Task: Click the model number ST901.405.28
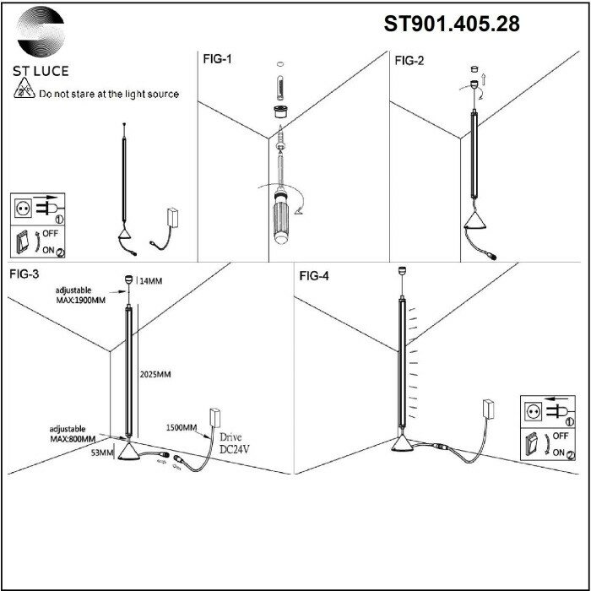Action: (452, 24)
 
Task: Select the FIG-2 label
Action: (409, 60)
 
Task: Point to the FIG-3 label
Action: (26, 274)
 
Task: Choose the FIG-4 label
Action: (313, 275)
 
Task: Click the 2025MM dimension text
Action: (155, 373)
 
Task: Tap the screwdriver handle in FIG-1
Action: (280, 219)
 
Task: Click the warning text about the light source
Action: (109, 95)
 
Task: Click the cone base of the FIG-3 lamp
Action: (128, 453)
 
